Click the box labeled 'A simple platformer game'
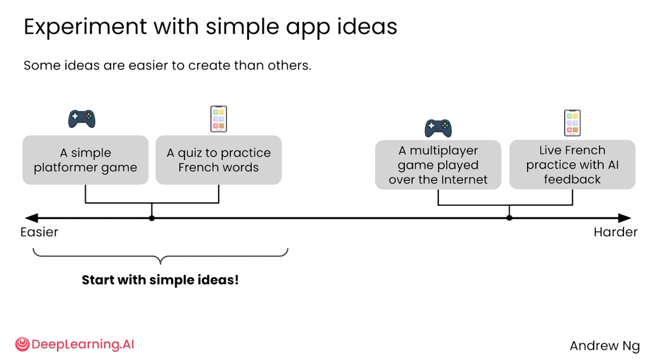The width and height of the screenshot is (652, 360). click(x=85, y=160)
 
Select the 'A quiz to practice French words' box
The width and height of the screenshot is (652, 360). click(x=219, y=160)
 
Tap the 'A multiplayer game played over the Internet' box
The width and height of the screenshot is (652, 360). click(x=438, y=165)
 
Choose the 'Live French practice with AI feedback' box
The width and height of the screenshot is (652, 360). click(x=572, y=165)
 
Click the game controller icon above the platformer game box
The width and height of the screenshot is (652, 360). click(x=82, y=119)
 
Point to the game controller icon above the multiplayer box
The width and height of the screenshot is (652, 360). click(x=438, y=128)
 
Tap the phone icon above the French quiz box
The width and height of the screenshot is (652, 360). click(x=219, y=119)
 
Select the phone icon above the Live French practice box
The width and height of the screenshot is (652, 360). click(x=572, y=123)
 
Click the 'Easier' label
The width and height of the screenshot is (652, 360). click(x=39, y=232)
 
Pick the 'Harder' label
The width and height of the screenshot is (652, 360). click(x=616, y=232)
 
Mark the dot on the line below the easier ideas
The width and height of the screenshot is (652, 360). click(x=152, y=218)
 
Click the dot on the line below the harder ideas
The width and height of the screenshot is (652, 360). click(x=509, y=218)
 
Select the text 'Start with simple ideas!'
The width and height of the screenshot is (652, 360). click(x=161, y=280)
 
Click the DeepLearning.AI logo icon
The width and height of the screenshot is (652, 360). click(x=23, y=344)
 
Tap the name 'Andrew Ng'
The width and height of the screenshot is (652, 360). click(x=604, y=346)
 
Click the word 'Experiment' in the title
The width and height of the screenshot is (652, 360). click(x=85, y=27)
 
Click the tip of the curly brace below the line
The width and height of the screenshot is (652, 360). click(x=161, y=264)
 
